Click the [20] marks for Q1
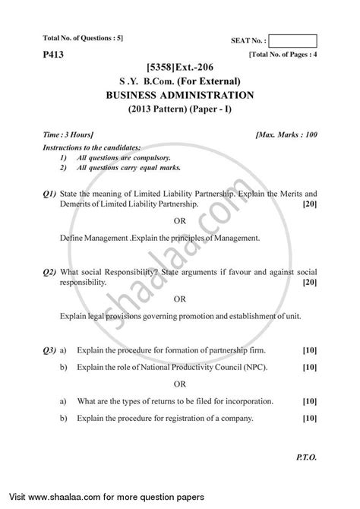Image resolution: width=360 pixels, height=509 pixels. tap(308, 205)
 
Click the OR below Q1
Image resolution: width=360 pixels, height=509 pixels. tap(180, 221)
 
